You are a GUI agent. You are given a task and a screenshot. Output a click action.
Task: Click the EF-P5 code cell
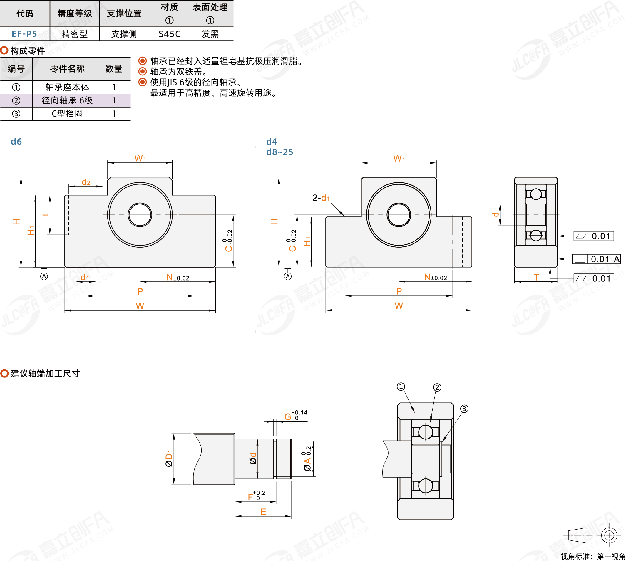coord(24,34)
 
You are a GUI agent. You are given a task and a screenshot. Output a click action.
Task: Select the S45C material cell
coord(169,34)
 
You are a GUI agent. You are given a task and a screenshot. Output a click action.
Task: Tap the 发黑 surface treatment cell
coord(210,34)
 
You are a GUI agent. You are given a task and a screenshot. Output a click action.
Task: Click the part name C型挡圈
coord(67,114)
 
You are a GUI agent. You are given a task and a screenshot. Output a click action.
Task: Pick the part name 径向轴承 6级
coord(67,100)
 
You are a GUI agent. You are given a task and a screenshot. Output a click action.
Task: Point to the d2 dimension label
coord(86,182)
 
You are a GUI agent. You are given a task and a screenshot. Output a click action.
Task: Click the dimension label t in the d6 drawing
coord(46,214)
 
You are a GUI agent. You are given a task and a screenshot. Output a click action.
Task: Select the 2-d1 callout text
coord(321,198)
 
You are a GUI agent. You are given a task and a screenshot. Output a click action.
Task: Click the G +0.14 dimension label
coord(296,416)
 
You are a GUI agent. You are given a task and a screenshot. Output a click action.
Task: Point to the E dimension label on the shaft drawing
coord(263,512)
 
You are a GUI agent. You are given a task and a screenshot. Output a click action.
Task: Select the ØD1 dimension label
coord(169,459)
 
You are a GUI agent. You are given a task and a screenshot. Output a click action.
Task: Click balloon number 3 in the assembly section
coord(464,409)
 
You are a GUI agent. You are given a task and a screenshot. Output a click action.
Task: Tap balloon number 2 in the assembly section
coord(437,387)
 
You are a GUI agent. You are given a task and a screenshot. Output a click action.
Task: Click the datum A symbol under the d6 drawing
coord(44,276)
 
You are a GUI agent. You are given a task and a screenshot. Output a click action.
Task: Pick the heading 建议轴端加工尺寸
coord(45,374)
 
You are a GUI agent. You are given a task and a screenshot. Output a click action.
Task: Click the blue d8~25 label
coord(280,152)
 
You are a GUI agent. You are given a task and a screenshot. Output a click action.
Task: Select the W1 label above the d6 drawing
coord(140,158)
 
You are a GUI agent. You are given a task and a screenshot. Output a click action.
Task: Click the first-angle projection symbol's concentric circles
coord(609,535)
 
